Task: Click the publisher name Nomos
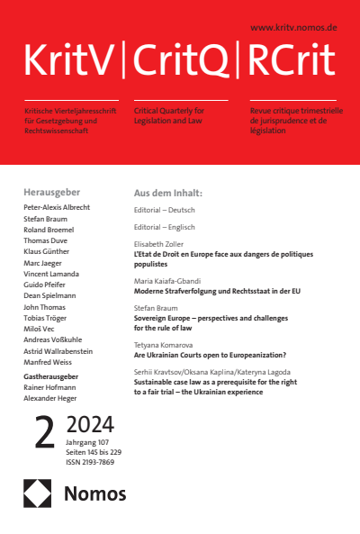94,493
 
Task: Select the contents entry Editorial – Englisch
165,227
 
